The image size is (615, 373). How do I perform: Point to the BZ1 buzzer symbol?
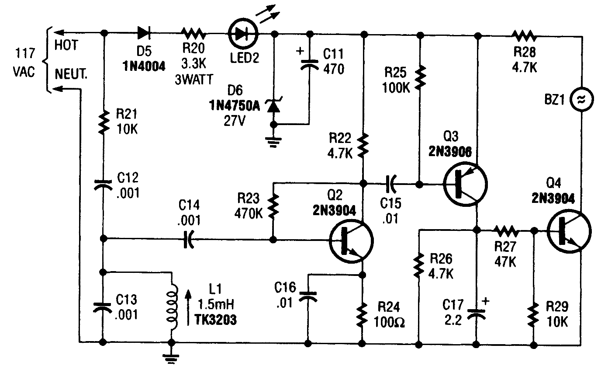click(582, 100)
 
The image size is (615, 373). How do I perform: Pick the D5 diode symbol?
click(145, 32)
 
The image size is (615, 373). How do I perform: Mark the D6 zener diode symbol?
click(274, 105)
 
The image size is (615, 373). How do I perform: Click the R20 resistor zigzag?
click(193, 32)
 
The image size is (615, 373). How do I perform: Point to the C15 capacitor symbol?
click(391, 184)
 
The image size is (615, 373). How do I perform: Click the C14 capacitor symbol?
click(189, 239)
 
